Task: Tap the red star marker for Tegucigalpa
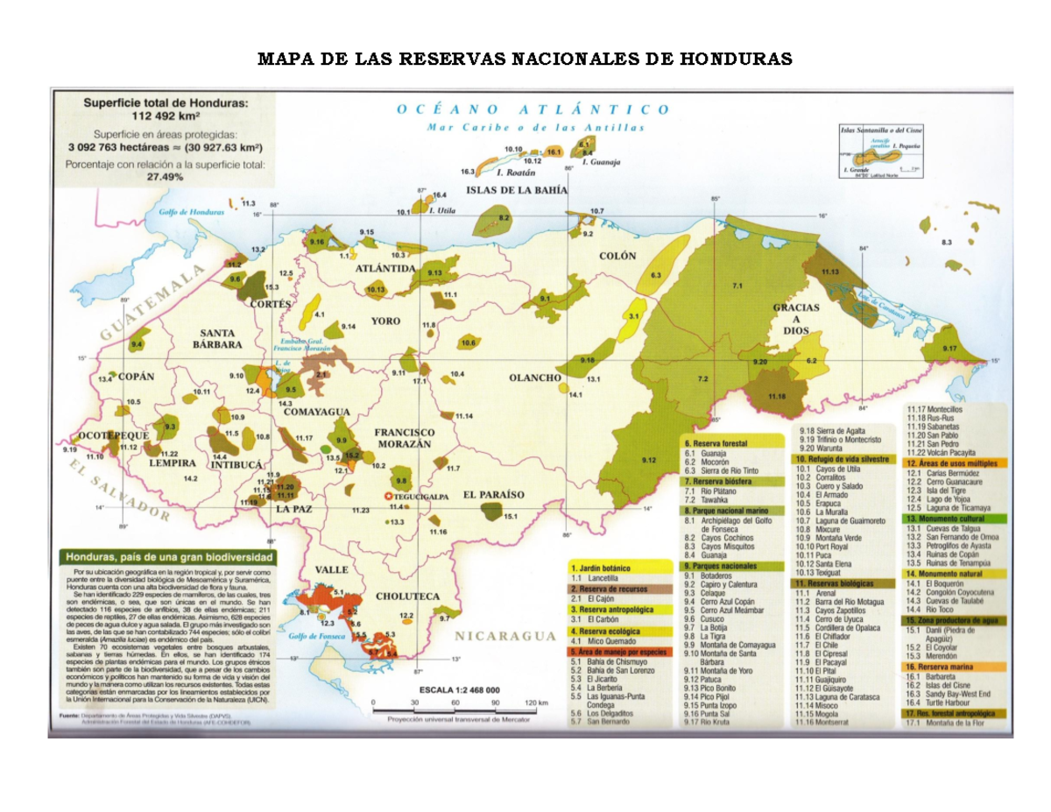tap(389, 497)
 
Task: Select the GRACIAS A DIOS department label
tap(796, 319)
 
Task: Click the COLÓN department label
tap(617, 257)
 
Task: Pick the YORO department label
tap(385, 321)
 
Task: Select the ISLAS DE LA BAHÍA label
tap(516, 190)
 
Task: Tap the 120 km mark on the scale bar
tap(535, 703)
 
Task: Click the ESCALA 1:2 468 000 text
tap(459, 690)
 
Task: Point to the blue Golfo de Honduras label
tap(192, 213)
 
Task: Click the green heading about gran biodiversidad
tap(166, 556)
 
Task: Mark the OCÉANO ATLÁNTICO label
tap(533, 110)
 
